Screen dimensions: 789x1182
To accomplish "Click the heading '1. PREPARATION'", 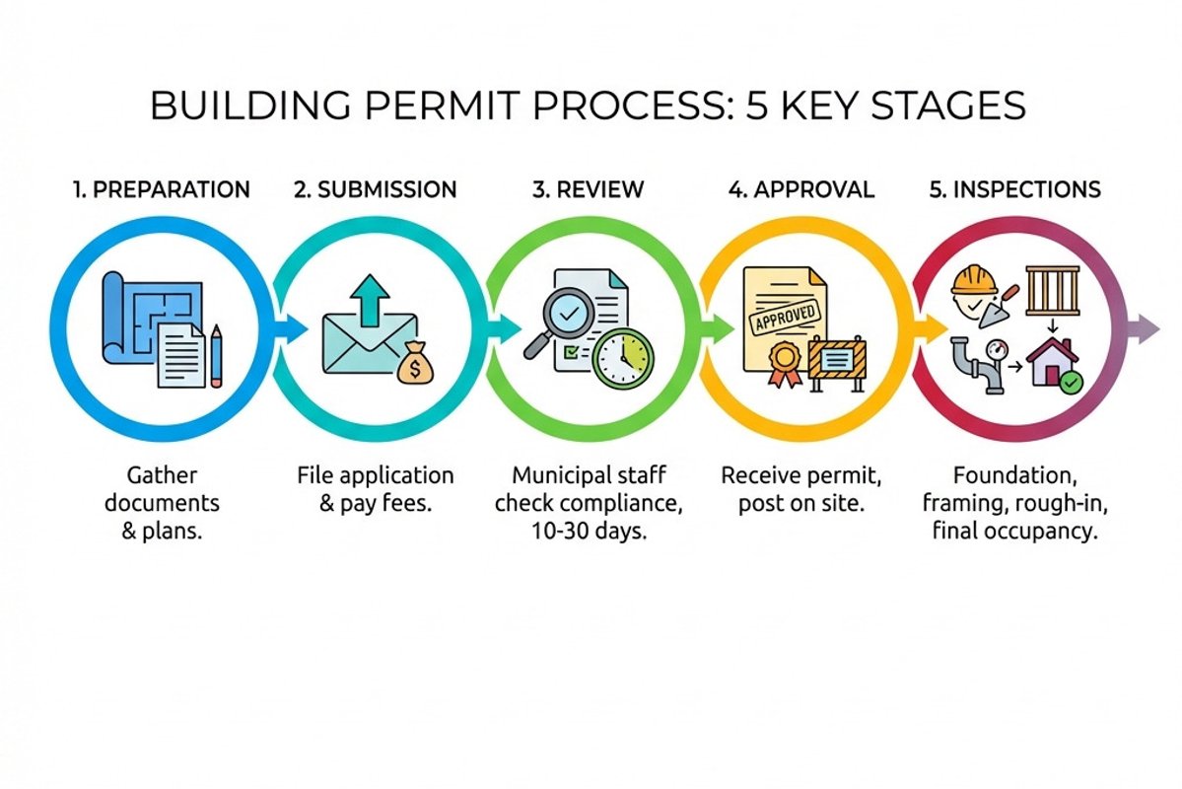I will pyautogui.click(x=162, y=189).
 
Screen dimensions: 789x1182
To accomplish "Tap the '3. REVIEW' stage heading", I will pyautogui.click(x=588, y=189).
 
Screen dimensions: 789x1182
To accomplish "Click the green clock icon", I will pyautogui.click(x=623, y=356).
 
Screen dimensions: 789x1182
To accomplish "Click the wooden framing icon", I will pyautogui.click(x=1051, y=290).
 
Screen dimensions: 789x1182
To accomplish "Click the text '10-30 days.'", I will pyautogui.click(x=588, y=529).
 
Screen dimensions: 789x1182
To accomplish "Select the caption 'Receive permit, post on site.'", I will pyautogui.click(x=800, y=488).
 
